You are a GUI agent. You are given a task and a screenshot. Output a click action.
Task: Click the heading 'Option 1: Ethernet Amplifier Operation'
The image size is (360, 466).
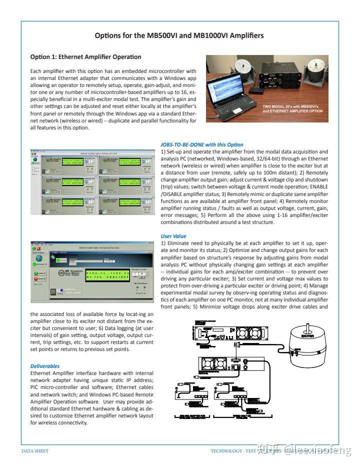85,57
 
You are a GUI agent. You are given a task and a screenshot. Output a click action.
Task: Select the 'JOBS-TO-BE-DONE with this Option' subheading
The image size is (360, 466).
202,144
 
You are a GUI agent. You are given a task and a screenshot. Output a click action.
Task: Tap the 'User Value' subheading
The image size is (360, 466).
174,236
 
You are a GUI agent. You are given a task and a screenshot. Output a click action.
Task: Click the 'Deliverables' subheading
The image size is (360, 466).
45,366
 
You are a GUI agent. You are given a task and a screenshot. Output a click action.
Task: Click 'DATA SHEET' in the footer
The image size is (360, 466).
35,451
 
